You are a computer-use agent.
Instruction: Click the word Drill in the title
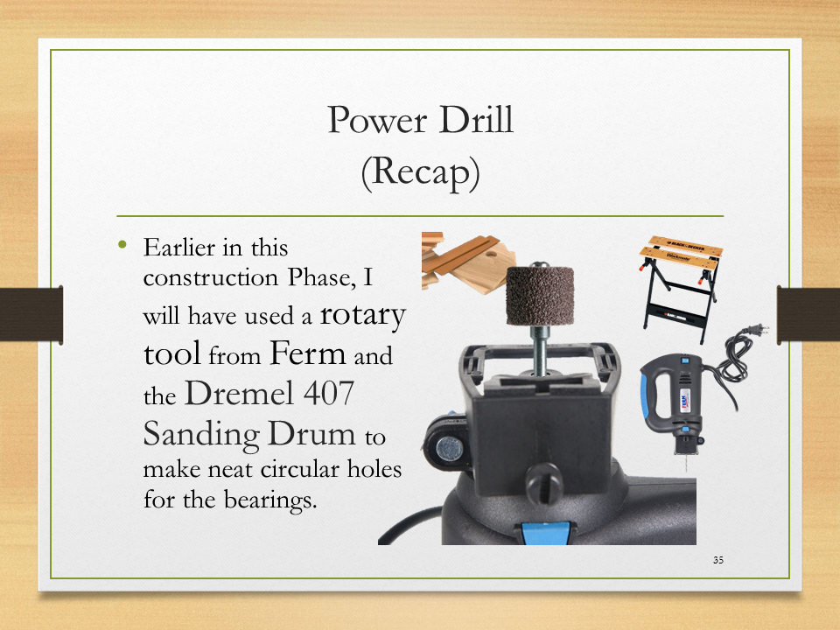pos(476,120)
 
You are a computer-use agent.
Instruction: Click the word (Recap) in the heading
pos(420,172)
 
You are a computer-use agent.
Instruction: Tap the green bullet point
pos(122,245)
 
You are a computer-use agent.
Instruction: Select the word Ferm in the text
pos(307,353)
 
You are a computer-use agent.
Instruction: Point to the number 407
pos(328,393)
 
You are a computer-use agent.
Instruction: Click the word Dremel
pos(239,393)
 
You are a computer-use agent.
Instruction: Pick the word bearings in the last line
pos(270,500)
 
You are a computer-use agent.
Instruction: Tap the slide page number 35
pos(717,560)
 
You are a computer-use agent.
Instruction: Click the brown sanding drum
pos(540,296)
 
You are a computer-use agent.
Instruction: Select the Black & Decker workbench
pos(681,287)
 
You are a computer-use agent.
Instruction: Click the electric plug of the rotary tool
pos(759,329)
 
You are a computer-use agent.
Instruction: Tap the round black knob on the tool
pos(543,483)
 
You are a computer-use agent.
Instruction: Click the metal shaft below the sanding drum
pos(540,350)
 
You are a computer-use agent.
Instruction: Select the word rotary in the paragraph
pos(362,315)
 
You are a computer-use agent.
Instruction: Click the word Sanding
pos(201,434)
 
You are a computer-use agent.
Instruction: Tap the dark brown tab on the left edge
pos(31,314)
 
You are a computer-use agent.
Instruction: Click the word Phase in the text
pos(321,277)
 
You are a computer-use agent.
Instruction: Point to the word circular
pos(300,469)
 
